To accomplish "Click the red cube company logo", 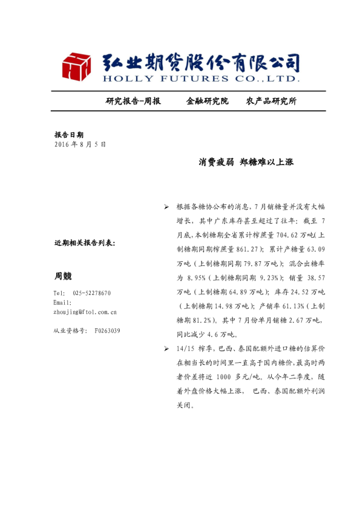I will click(x=76, y=66).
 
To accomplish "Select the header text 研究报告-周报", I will click(x=133, y=101).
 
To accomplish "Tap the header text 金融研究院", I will click(x=207, y=101).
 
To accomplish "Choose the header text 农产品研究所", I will click(x=272, y=101).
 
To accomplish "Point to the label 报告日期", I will click(x=69, y=135).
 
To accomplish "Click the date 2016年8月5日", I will click(x=80, y=144).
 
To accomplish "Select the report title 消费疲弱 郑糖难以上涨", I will click(x=246, y=162).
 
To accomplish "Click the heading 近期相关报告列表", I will click(x=85, y=243).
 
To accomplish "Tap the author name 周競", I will click(x=63, y=276).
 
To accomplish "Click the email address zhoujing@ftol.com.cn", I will click(x=85, y=312).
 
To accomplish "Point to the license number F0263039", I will click(x=107, y=331).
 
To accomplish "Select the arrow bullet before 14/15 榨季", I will click(x=167, y=349).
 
